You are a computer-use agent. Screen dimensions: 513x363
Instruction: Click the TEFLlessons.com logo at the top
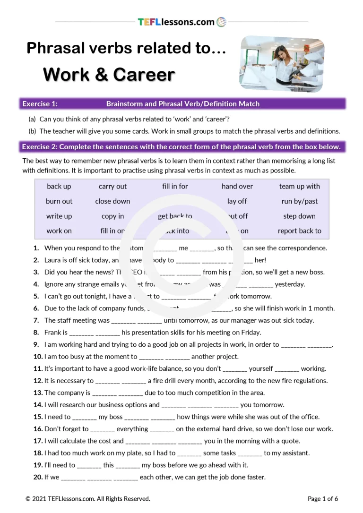182,22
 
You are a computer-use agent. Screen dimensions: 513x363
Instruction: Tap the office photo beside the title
282,63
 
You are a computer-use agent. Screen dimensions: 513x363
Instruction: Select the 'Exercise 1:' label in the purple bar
40,104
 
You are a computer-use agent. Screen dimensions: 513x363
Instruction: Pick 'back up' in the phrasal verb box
59,187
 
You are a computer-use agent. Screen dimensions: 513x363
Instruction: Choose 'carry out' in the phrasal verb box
112,187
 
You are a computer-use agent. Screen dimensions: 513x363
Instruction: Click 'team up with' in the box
299,187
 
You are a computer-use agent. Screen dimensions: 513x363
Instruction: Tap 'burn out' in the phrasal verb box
59,201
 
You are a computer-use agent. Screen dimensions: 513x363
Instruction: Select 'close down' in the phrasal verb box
112,201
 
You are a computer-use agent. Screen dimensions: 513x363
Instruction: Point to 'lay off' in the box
237,201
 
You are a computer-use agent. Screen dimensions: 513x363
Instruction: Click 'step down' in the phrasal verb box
299,216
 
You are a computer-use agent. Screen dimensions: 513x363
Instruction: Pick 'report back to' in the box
299,231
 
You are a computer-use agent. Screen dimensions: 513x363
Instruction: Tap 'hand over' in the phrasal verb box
237,187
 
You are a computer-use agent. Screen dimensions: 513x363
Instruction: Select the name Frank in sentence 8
53,333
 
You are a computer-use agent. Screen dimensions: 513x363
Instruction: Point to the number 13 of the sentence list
37,393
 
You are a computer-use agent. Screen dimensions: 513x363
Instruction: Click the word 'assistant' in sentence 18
295,453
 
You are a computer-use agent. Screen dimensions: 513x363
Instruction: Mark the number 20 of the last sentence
37,477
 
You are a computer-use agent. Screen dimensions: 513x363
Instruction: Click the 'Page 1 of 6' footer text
323,498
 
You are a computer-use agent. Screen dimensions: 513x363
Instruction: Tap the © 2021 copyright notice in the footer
88,498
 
